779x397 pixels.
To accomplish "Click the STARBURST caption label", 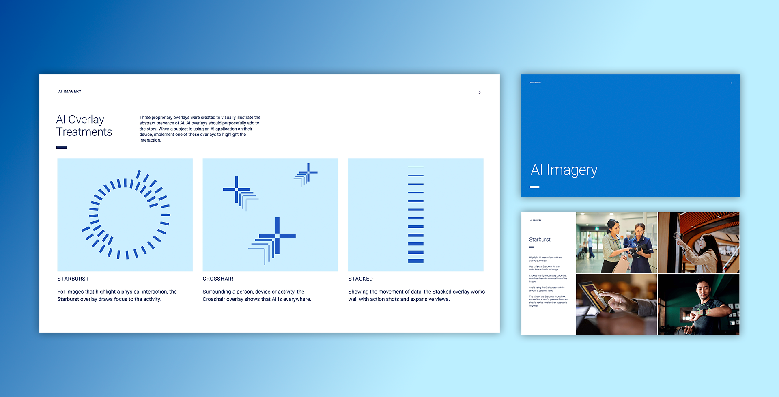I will coord(73,279).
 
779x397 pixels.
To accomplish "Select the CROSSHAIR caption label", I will coord(218,279).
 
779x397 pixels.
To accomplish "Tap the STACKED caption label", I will coord(360,279).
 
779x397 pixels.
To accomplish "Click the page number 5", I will coord(479,92).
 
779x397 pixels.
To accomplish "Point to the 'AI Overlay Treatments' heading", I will coord(84,126).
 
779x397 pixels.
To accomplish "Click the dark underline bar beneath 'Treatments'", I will coord(61,148).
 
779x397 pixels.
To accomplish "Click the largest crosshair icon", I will coord(277,236).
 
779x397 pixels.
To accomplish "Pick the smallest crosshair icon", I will coord(308,173).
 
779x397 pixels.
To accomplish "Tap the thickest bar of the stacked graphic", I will coord(415,261).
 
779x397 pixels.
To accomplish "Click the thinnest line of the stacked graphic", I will coord(415,167).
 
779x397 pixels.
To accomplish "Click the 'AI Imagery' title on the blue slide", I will coord(564,170).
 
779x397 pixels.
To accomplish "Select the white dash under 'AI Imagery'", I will coord(534,187).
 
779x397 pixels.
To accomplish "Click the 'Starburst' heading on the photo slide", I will coord(540,240).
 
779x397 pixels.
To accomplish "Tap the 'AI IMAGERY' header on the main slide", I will coord(70,92).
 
